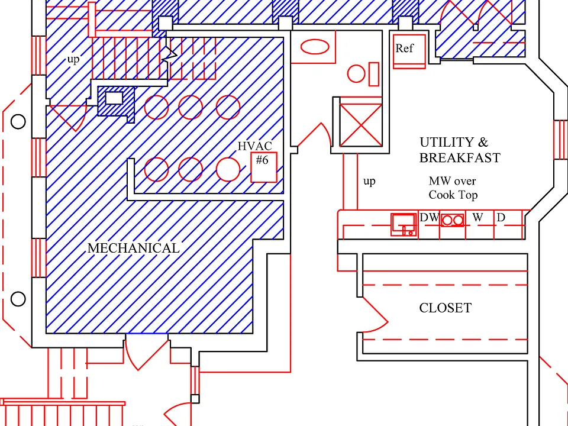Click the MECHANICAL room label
pyautogui.click(x=134, y=248)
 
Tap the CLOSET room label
pyautogui.click(x=445, y=308)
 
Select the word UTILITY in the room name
pyautogui.click(x=447, y=142)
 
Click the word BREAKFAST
pyautogui.click(x=460, y=158)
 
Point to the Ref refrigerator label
pyautogui.click(x=404, y=48)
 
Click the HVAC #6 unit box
pyautogui.click(x=264, y=167)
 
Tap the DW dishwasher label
pyautogui.click(x=430, y=217)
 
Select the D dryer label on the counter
pyautogui.click(x=501, y=217)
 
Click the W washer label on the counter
pyautogui.click(x=478, y=217)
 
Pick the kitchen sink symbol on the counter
pyautogui.click(x=404, y=225)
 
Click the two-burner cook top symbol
pyautogui.click(x=453, y=220)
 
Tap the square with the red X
pyautogui.click(x=361, y=125)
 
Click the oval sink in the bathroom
pyautogui.click(x=315, y=47)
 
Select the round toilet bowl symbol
pyautogui.click(x=356, y=74)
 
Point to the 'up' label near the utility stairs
pyautogui.click(x=369, y=181)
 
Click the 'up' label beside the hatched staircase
pyautogui.click(x=73, y=59)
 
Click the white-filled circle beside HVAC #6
pyautogui.click(x=228, y=169)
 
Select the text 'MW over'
pyautogui.click(x=452, y=181)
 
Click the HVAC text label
pyautogui.click(x=255, y=146)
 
